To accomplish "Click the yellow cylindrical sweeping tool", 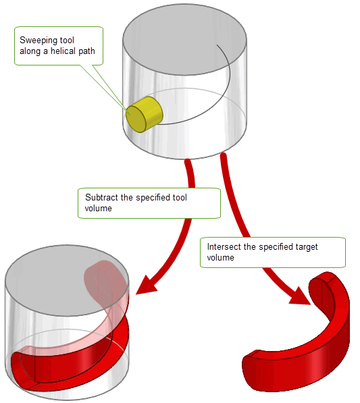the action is (145, 115).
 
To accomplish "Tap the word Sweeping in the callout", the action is (37, 41).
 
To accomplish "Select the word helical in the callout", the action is (63, 51).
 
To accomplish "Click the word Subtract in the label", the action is (101, 197).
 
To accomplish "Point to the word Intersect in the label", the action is (224, 247).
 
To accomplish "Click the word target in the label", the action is (307, 247).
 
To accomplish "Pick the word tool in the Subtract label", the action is (180, 197).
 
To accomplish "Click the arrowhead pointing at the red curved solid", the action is (301, 296).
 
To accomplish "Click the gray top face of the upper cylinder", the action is (184, 39).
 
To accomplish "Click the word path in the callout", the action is (86, 51).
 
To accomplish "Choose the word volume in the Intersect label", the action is (221, 258).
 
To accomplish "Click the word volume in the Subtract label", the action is (98, 208).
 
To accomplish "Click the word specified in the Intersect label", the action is (276, 247).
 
